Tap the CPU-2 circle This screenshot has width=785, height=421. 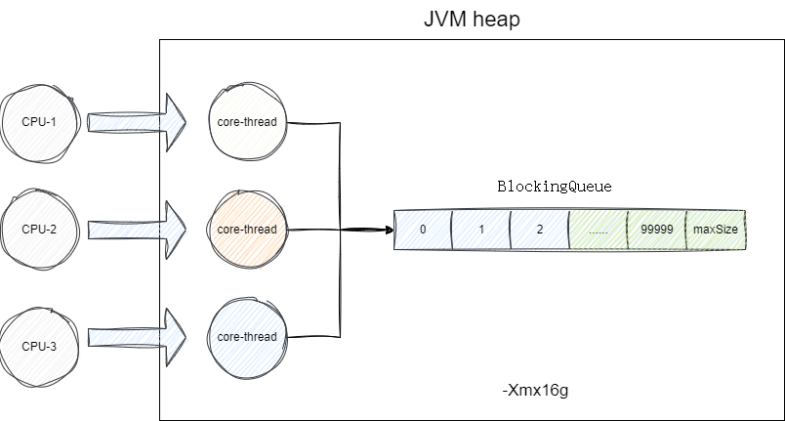(x=40, y=230)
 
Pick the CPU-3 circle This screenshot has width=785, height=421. (x=40, y=345)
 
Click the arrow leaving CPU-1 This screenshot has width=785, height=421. (x=137, y=122)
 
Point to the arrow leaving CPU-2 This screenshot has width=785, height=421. (x=137, y=231)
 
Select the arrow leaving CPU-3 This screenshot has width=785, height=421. (x=137, y=337)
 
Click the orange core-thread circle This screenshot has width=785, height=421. (x=247, y=230)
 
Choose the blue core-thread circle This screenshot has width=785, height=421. (x=247, y=337)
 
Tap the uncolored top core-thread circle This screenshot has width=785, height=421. (x=247, y=122)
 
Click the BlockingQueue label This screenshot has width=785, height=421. (x=554, y=187)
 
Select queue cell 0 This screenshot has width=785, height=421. (x=423, y=230)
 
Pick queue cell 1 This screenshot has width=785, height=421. (x=480, y=230)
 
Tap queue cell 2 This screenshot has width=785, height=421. (x=539, y=230)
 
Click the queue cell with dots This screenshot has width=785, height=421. (x=598, y=230)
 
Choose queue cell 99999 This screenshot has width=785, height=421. (x=656, y=230)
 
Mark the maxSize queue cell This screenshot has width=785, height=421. (x=716, y=230)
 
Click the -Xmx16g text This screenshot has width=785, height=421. (x=534, y=391)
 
